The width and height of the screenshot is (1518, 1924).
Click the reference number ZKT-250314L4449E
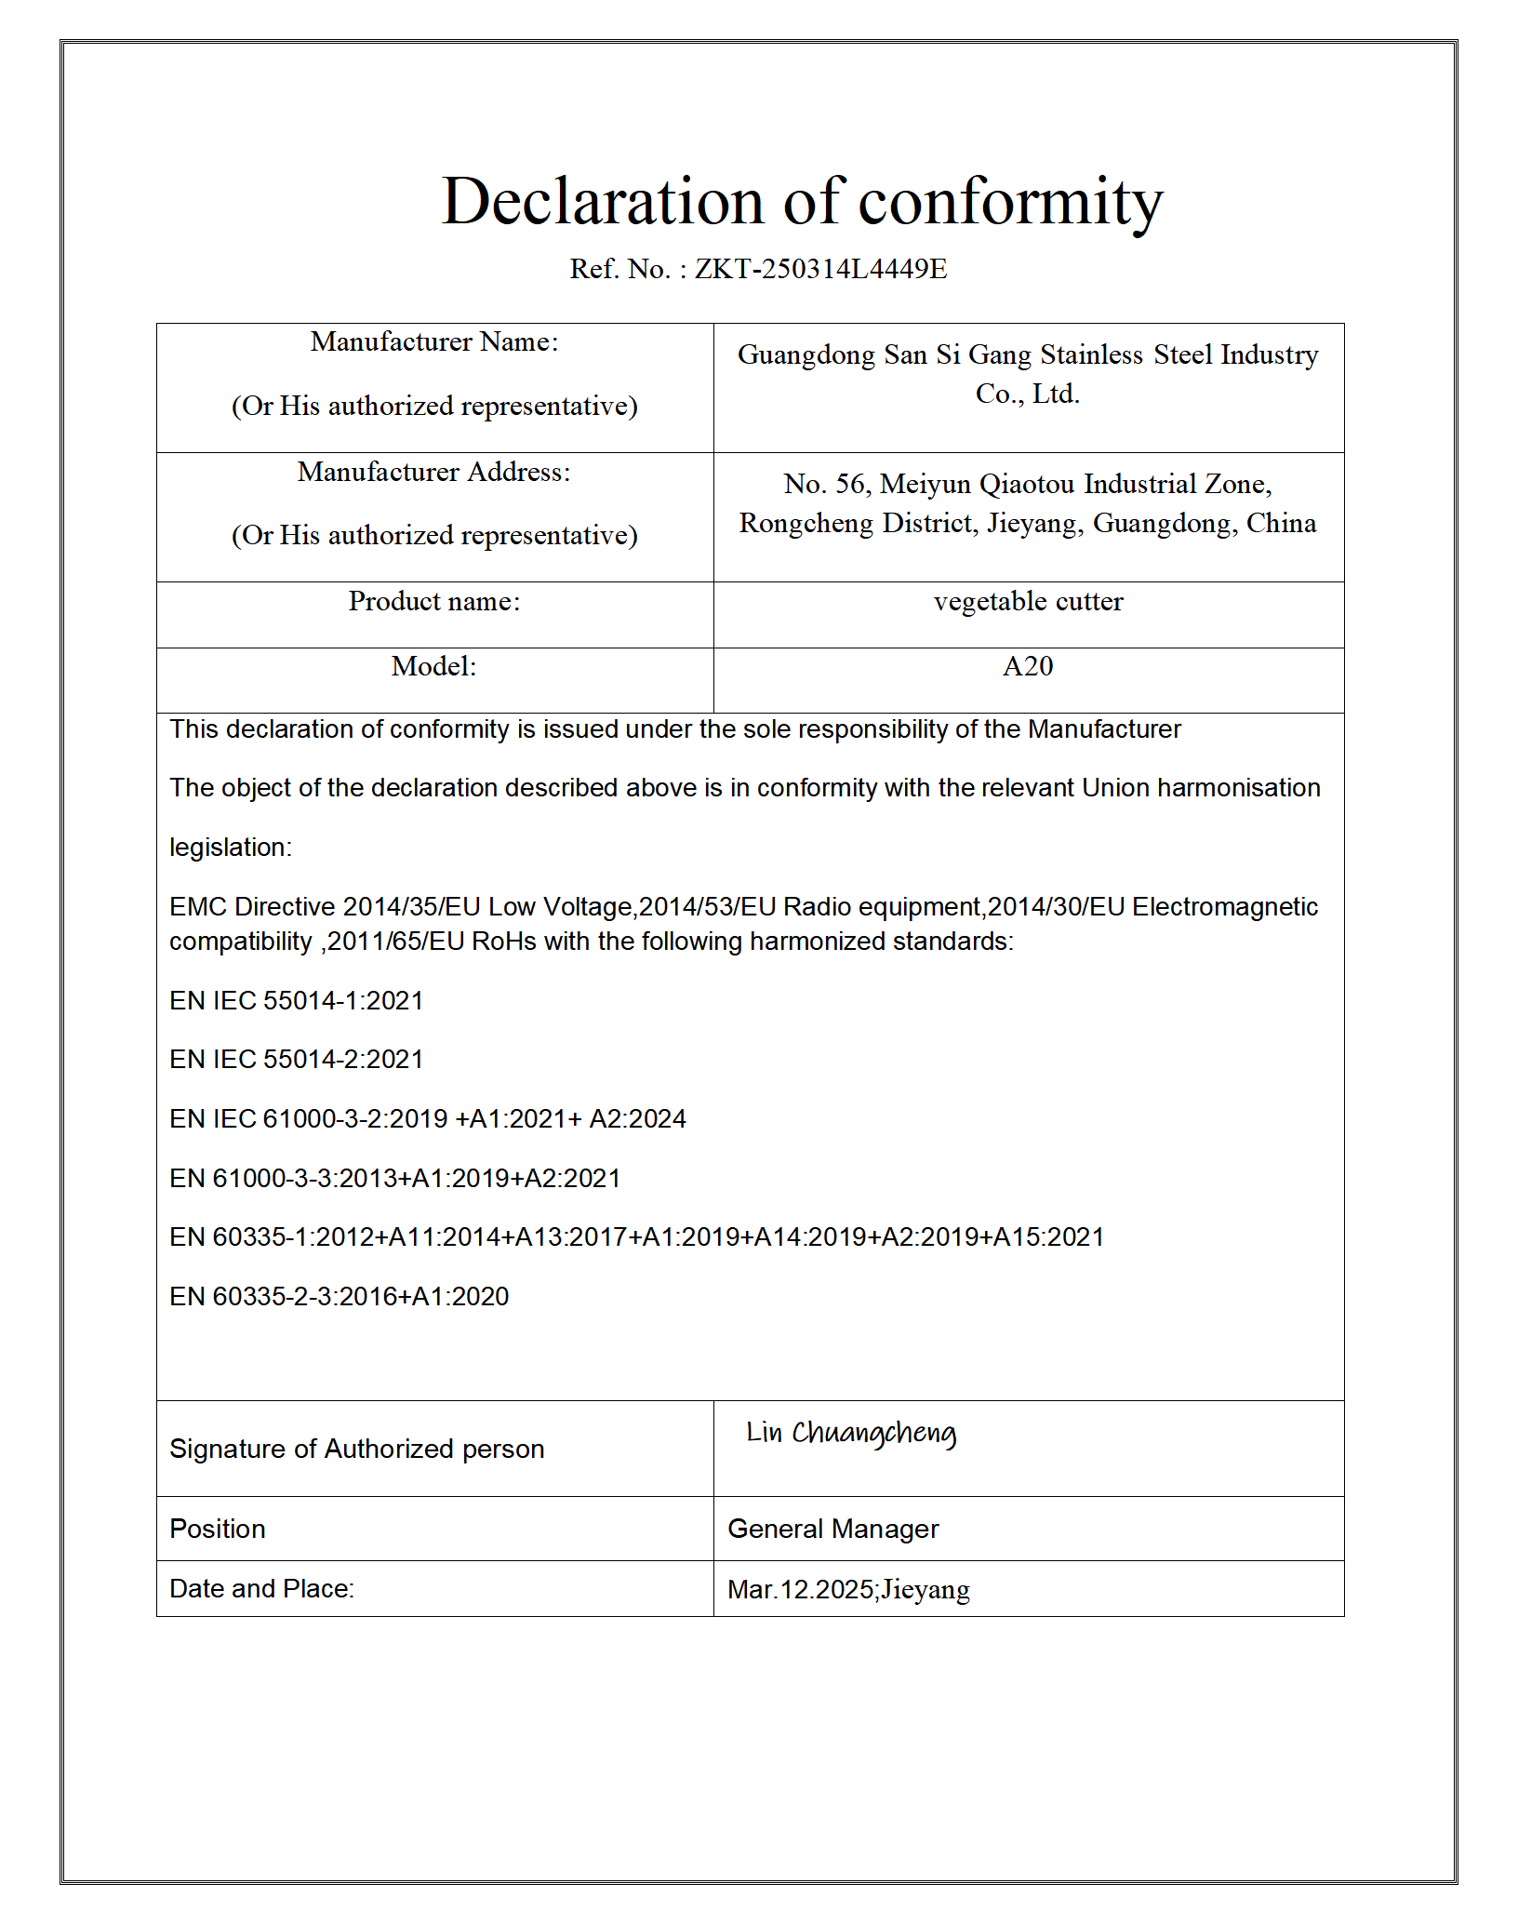point(820,269)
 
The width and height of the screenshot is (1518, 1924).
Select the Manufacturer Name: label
point(434,342)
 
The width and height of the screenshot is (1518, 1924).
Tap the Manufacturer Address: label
point(434,473)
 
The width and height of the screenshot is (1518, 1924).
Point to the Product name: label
point(434,602)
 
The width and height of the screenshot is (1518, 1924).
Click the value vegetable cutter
point(1028,602)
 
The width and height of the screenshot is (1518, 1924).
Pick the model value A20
point(1028,667)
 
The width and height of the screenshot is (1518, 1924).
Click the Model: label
point(434,667)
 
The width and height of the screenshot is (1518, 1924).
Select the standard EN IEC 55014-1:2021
point(297,1001)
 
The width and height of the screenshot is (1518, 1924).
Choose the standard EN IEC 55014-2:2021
point(297,1060)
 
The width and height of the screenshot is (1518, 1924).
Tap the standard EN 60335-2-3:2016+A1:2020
point(340,1297)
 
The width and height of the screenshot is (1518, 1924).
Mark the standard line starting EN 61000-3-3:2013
point(395,1179)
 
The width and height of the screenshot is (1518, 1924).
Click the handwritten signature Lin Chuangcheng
point(851,1434)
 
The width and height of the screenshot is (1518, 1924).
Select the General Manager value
point(833,1530)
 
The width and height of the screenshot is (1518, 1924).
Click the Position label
point(218,1530)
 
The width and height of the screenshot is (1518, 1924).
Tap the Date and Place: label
point(262,1589)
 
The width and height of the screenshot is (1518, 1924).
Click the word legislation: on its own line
point(231,848)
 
